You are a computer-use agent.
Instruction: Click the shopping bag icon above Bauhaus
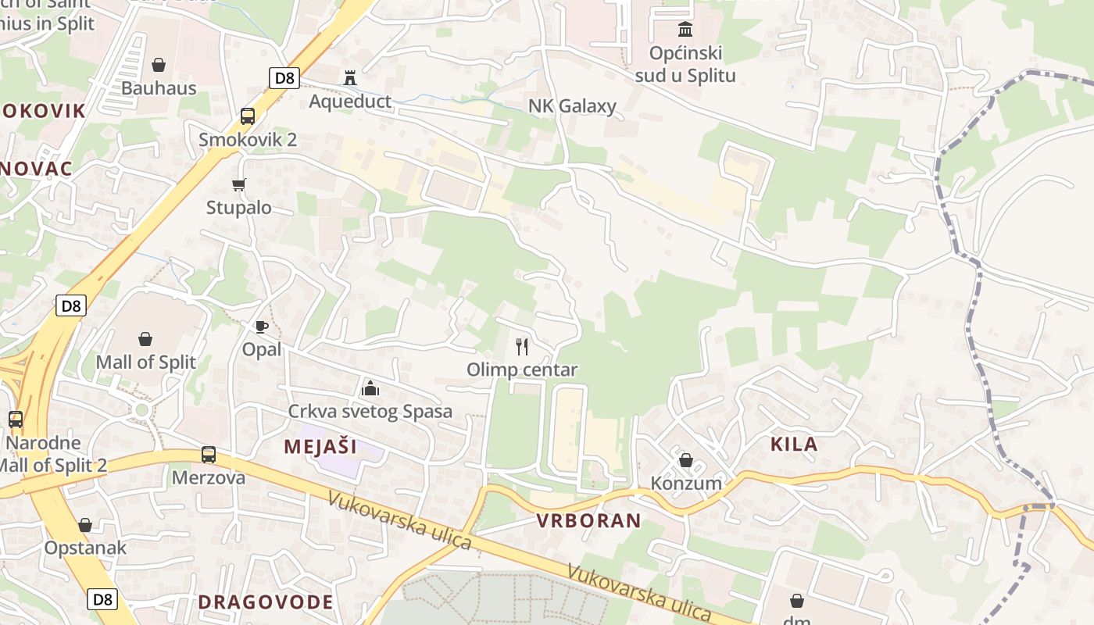(x=159, y=64)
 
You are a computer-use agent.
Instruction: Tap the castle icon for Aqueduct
(x=349, y=77)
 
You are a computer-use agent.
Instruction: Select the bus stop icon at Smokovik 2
(x=248, y=116)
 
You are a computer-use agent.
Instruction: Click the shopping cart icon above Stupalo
(x=238, y=184)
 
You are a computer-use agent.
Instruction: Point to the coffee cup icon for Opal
(x=261, y=326)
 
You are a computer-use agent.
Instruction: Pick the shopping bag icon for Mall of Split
(x=145, y=338)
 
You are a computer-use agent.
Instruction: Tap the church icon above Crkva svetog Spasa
(x=370, y=387)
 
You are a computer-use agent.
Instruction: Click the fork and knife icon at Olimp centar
(x=522, y=346)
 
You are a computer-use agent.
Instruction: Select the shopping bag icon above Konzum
(x=686, y=460)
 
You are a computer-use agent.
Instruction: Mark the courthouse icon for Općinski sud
(x=685, y=30)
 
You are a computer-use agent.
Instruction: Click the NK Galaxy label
(x=572, y=106)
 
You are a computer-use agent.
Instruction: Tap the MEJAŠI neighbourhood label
(x=320, y=447)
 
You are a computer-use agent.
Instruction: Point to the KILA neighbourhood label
(x=794, y=445)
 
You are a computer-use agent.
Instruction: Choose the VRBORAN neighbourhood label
(x=588, y=520)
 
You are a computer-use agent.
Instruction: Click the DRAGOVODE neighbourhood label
(x=266, y=602)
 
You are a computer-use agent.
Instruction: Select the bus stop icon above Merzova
(x=208, y=454)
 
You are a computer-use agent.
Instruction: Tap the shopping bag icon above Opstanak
(x=85, y=524)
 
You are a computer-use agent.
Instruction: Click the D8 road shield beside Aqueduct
(x=284, y=77)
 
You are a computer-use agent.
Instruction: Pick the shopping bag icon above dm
(x=796, y=601)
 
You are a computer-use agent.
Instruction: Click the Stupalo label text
(x=238, y=208)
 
